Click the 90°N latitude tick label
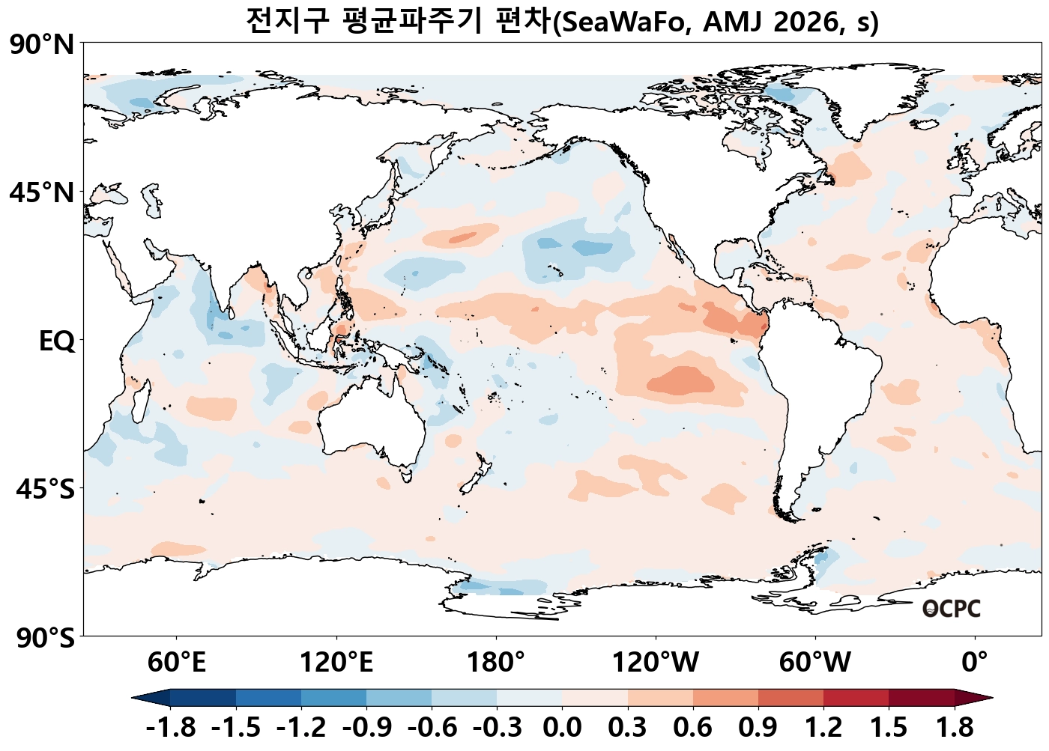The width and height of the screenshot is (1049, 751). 42,46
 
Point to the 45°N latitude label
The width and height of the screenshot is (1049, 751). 42,193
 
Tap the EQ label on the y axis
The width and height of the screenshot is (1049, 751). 57,341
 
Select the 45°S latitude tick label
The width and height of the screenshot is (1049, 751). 45,490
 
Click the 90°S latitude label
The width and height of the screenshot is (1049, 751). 45,639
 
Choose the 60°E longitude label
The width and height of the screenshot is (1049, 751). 177,663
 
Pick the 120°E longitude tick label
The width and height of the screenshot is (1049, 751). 336,663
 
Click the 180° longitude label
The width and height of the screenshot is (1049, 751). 496,663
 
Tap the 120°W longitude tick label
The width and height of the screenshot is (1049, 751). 656,663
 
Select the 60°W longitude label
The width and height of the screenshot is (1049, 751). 815,663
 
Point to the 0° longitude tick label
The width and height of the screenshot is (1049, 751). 975,663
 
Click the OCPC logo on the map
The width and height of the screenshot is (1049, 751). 952,609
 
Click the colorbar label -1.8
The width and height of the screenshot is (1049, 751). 171,727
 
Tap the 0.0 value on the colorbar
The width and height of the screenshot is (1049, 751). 562,727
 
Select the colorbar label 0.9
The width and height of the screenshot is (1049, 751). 758,727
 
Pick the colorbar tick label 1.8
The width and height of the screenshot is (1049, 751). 955,727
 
